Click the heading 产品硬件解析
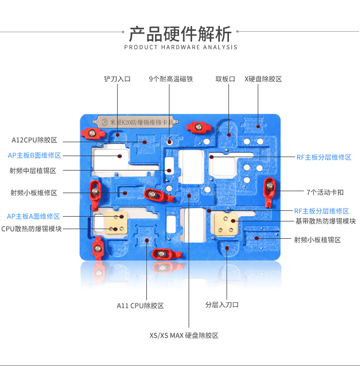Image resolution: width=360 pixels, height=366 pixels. (x=180, y=34)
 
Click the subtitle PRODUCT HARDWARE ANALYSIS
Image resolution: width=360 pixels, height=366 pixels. (x=180, y=47)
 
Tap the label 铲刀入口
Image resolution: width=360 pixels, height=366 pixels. (x=117, y=79)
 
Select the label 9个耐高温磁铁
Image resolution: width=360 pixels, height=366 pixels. (x=171, y=79)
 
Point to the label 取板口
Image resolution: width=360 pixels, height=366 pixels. (x=225, y=79)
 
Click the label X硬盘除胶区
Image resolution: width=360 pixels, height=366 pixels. (x=263, y=79)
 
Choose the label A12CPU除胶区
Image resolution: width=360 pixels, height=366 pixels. (x=34, y=140)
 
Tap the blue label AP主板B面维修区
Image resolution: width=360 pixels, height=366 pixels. (x=34, y=155)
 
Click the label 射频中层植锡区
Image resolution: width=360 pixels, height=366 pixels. (x=33, y=171)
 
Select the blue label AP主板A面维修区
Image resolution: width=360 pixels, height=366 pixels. (x=34, y=216)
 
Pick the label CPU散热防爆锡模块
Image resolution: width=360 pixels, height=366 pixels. (x=32, y=229)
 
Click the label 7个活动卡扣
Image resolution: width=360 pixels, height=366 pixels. (x=325, y=192)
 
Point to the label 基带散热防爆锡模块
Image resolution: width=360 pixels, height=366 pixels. (x=325, y=221)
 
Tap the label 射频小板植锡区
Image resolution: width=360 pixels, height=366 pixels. (x=317, y=240)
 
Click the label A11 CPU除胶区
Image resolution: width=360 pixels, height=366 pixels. (x=140, y=305)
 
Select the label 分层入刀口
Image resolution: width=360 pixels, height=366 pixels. (x=222, y=305)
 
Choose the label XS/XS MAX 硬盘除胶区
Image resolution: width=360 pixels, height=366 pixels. (x=184, y=335)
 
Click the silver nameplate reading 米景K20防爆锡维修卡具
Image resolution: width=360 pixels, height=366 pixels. (x=135, y=122)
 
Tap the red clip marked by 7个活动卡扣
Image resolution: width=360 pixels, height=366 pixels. (x=269, y=192)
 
